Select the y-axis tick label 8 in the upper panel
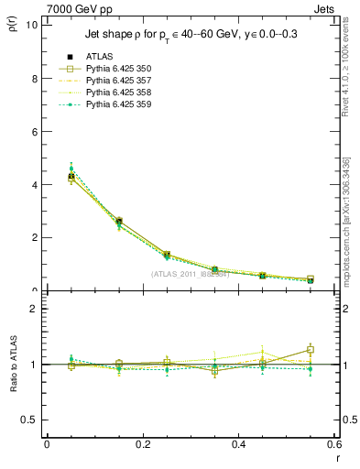(35, 78)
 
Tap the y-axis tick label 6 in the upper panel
(35, 131)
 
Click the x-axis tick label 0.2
(142, 444)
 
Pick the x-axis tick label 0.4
(238, 444)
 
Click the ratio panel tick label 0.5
(31, 420)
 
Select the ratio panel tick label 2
(35, 309)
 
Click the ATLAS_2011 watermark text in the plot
(190, 274)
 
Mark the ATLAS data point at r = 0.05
(71, 177)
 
